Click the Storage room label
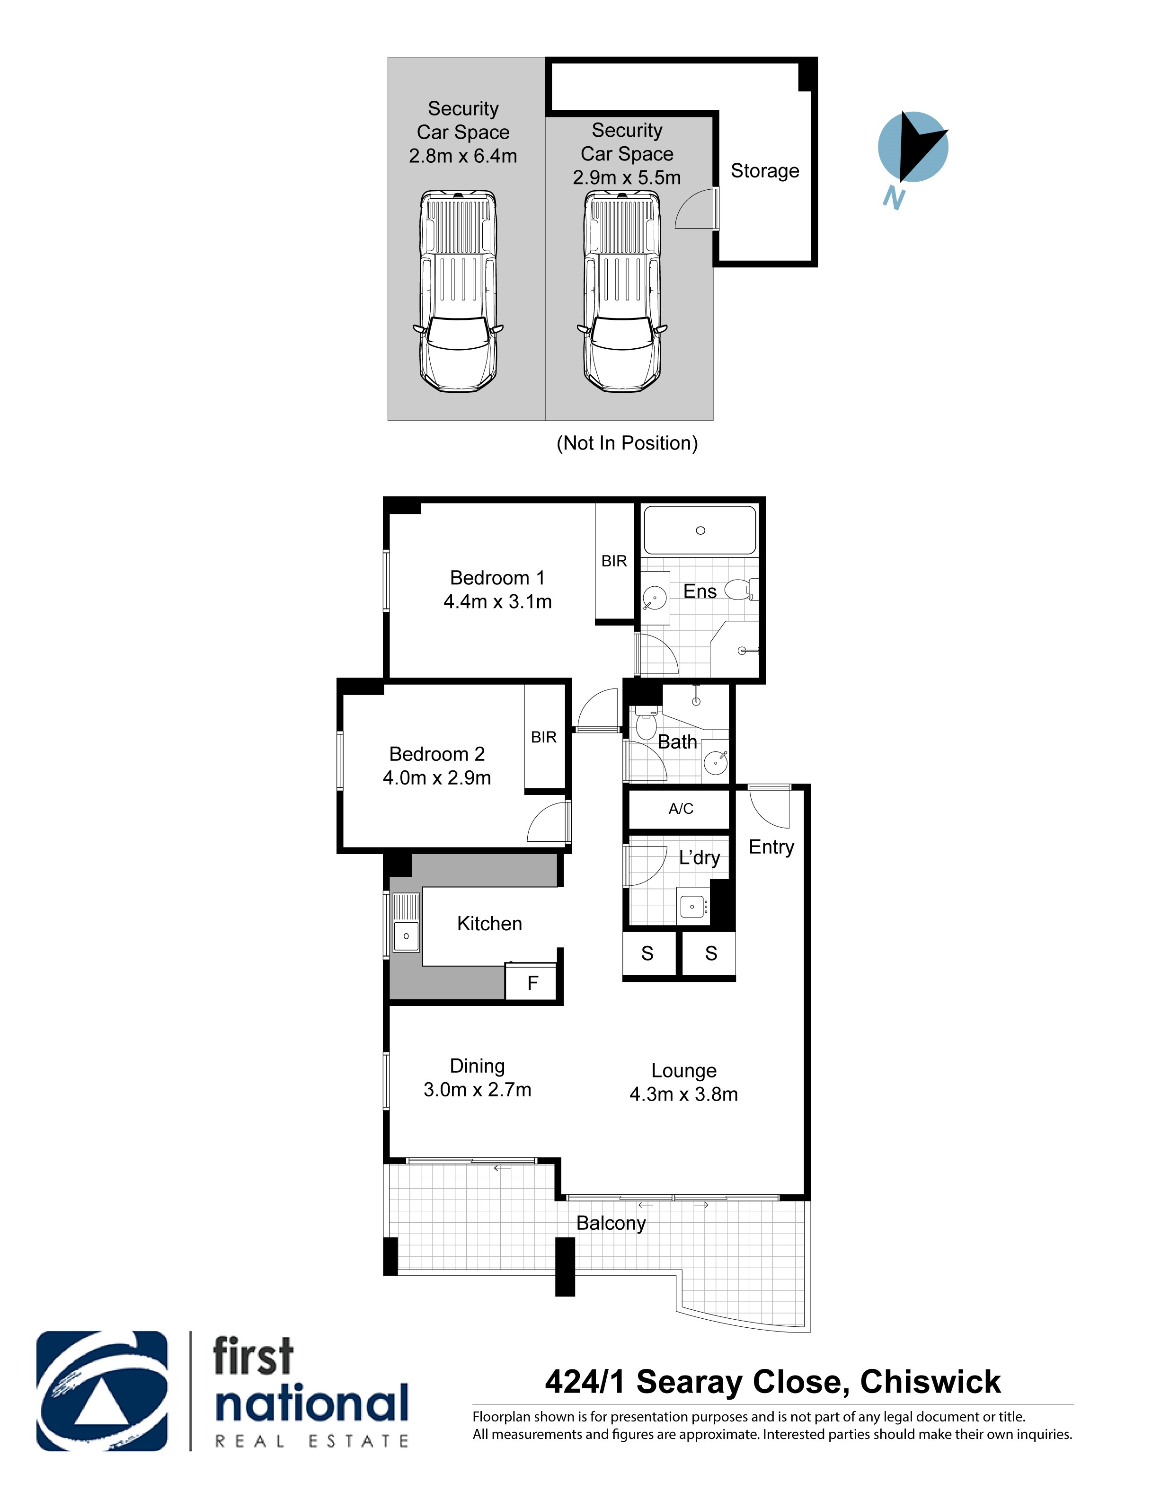click(765, 171)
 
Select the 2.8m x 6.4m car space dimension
click(463, 156)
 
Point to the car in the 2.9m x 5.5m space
click(622, 291)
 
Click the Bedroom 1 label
click(497, 578)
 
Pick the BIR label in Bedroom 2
click(543, 737)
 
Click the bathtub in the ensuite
click(700, 530)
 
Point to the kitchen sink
click(406, 923)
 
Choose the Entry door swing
click(770, 807)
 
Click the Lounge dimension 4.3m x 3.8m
click(683, 1094)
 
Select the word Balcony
click(611, 1223)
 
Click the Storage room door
click(697, 208)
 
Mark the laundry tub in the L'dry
click(693, 907)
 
